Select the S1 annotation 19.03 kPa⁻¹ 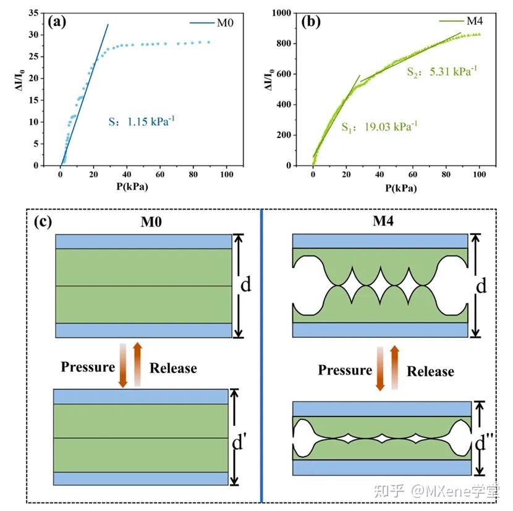379,127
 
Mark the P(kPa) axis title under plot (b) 392,187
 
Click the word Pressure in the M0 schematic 88,367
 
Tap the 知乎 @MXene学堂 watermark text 441,492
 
